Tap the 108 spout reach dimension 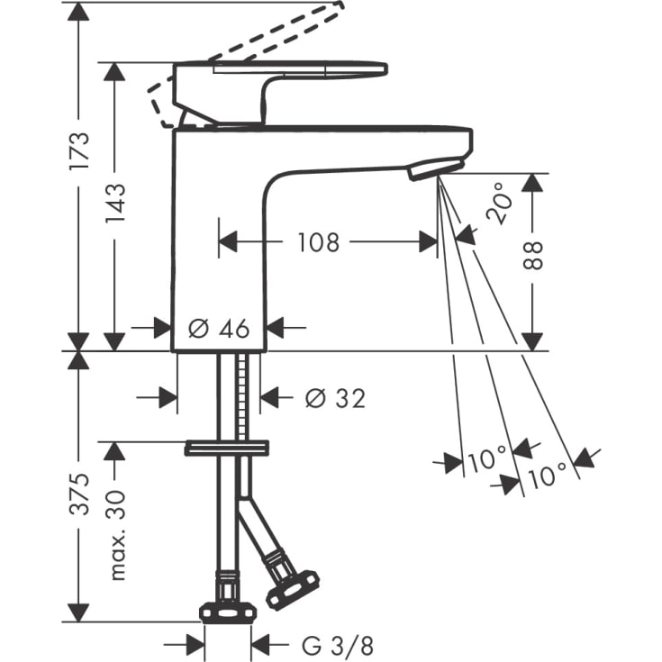(319, 241)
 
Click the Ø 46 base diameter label (218, 329)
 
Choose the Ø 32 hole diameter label (335, 397)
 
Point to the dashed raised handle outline (261, 36)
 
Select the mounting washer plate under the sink (227, 448)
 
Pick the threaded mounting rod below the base (241, 396)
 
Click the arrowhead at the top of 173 (79, 11)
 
